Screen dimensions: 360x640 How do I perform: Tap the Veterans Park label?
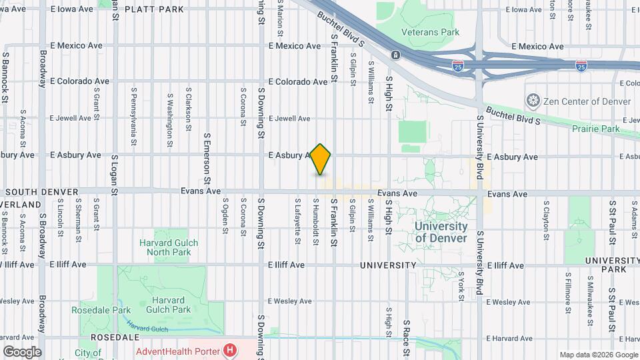click(431, 32)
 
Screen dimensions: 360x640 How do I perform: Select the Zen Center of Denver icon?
click(533, 101)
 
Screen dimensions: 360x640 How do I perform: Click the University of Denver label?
click(441, 232)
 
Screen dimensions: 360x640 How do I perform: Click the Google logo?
click(21, 352)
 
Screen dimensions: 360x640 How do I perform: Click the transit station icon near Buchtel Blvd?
click(396, 54)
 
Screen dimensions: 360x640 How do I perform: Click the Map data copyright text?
click(597, 355)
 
